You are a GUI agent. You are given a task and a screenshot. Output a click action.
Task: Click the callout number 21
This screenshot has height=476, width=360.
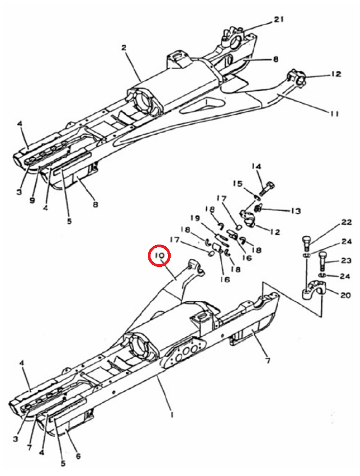pos(279,20)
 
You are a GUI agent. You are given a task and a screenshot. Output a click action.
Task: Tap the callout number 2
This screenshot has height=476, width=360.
pos(124,47)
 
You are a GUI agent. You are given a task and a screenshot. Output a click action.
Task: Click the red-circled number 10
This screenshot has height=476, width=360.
pos(159,255)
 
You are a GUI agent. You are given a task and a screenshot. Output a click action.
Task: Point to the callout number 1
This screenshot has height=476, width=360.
pos(172,414)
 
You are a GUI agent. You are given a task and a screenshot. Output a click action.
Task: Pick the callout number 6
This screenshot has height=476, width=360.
pos(78,456)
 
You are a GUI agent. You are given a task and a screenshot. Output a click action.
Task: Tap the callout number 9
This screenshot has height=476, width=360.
pos(32,201)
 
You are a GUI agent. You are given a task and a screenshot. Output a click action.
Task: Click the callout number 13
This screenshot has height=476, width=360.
pos(296,210)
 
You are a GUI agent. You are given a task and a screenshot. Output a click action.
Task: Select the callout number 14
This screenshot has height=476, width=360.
pos(256,166)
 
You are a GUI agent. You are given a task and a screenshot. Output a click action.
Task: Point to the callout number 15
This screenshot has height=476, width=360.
pos(238,184)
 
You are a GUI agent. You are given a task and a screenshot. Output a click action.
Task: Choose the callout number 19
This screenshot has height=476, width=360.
pos(196,218)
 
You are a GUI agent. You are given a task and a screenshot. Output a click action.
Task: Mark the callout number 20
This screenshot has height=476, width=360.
pos(345,295)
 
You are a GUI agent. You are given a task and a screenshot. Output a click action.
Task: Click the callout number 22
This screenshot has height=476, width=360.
pos(346,222)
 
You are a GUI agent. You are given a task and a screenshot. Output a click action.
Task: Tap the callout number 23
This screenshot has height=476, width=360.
pos(345,260)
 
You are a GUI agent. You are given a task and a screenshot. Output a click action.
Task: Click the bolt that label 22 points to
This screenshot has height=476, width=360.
pos(306,243)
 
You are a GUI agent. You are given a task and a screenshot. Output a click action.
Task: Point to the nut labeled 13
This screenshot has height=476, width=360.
pos(257,208)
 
